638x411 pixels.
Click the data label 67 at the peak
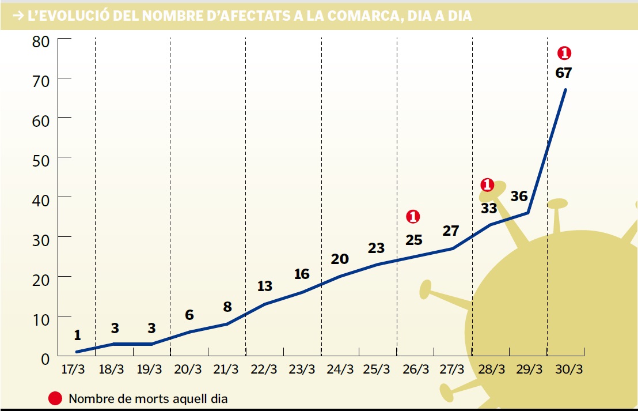(564, 73)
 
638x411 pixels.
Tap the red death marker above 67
(564, 54)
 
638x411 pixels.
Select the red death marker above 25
(413, 217)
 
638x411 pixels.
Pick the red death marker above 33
(487, 185)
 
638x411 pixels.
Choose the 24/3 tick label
(340, 369)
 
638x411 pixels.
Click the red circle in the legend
(55, 398)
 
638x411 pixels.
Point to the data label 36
(519, 196)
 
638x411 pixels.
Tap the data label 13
(264, 286)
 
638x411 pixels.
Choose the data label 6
(189, 315)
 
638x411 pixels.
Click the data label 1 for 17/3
(77, 335)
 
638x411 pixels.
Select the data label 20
(340, 259)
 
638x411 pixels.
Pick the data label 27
(451, 231)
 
